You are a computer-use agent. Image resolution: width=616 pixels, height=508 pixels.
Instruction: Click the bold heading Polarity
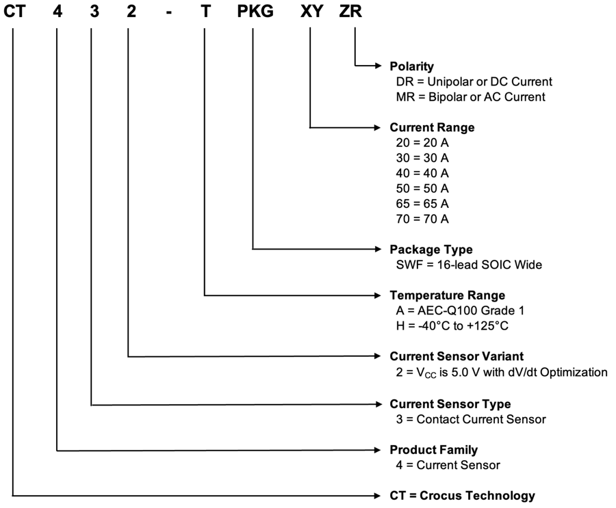(x=411, y=66)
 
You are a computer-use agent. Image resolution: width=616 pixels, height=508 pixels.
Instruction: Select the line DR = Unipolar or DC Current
(x=474, y=82)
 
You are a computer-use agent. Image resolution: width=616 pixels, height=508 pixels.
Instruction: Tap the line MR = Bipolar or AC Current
(x=470, y=97)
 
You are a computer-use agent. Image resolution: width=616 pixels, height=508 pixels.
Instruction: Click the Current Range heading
(x=432, y=128)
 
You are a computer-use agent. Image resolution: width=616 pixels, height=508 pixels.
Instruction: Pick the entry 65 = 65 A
(x=422, y=204)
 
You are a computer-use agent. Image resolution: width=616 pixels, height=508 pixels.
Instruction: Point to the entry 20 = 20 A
(x=422, y=144)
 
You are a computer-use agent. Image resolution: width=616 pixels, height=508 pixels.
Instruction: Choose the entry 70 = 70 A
(x=422, y=219)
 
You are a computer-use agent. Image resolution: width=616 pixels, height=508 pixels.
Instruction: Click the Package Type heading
(x=431, y=250)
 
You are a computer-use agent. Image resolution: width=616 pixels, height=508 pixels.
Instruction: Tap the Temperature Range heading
(x=447, y=295)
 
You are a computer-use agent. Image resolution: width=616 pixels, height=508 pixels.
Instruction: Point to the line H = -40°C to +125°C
(x=452, y=325)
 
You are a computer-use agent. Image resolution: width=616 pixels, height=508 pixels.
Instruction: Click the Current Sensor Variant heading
(x=457, y=356)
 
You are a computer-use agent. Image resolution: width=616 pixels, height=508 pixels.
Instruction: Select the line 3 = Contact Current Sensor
(x=471, y=419)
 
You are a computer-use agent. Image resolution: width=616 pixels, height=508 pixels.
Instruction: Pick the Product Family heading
(x=433, y=450)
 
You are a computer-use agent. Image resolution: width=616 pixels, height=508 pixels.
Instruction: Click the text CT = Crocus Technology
(x=462, y=496)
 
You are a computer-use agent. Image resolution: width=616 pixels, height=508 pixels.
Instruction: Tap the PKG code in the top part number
(x=254, y=12)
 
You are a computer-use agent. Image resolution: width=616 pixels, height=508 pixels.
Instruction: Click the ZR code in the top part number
(x=355, y=12)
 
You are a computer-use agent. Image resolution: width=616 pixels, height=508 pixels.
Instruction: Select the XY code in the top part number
(x=311, y=12)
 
